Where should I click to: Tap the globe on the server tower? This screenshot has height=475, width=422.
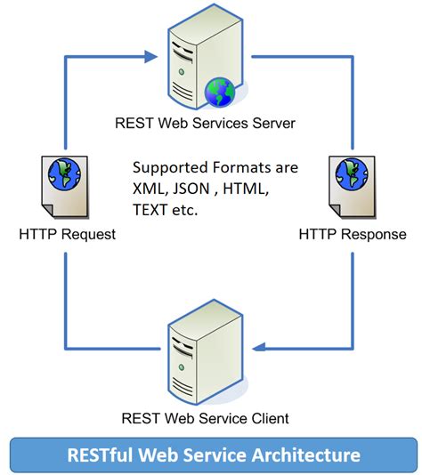pos(217,91)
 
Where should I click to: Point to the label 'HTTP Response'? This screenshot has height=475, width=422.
pos(352,235)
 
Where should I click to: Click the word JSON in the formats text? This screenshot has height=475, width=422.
pos(192,189)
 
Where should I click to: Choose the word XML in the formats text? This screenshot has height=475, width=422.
pos(149,189)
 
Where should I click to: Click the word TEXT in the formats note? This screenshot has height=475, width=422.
pos(151,212)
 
